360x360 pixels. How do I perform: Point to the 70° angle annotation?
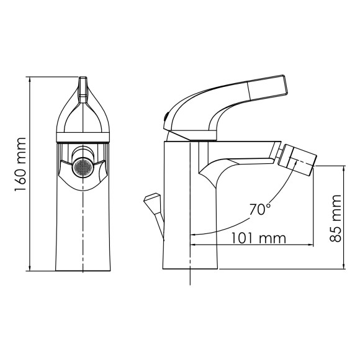tap(259, 209)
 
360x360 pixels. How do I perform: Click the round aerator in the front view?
tap(83, 167)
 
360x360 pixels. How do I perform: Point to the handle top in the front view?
tap(83, 84)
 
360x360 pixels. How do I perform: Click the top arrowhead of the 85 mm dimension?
tap(344, 168)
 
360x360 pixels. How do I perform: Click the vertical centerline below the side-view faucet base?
tap(189, 277)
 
